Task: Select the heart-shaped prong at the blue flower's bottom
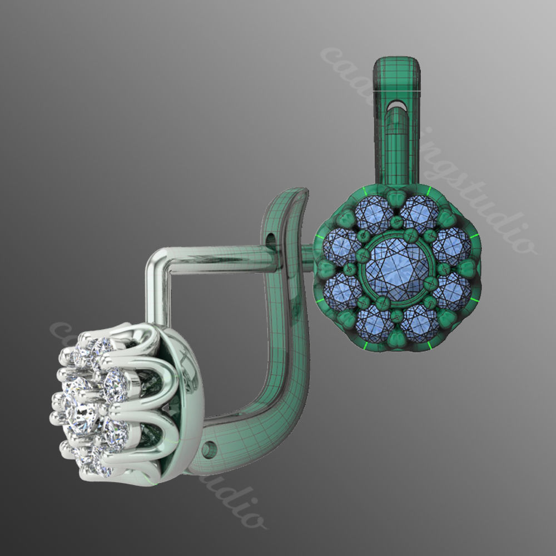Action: pyautogui.click(x=396, y=337)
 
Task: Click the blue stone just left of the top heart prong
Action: pyautogui.click(x=372, y=214)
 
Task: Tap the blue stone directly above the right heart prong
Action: pyautogui.click(x=451, y=245)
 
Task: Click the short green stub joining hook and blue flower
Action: pyautogui.click(x=307, y=255)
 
